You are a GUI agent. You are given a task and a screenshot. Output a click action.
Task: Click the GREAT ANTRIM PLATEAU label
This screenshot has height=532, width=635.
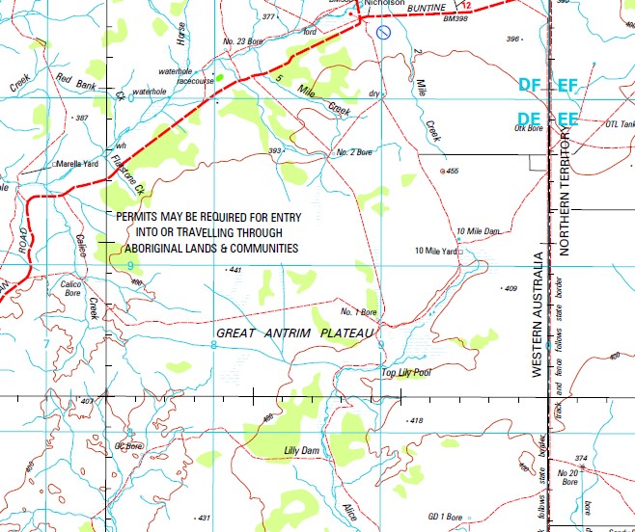pos(294,332)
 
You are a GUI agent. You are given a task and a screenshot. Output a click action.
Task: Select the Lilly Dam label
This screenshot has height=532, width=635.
pos(301,450)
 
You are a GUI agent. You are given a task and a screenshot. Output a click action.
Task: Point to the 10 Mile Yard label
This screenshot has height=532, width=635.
pos(434,251)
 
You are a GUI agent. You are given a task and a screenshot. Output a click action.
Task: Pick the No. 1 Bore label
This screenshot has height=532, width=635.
pos(358,312)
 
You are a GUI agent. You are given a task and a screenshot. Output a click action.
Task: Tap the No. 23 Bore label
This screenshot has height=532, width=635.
pos(242,40)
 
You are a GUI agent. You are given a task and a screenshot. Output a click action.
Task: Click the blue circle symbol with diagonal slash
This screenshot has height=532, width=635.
pos(383,32)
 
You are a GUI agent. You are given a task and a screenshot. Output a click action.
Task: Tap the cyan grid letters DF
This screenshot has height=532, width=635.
pos(529,86)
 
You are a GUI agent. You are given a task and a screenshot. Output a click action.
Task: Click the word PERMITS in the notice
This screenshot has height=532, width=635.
pos(141,218)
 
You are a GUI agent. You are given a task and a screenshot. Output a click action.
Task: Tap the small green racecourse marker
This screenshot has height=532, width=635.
pos(220,76)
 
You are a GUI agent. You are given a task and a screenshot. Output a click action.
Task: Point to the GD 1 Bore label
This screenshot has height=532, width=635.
pos(445,516)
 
